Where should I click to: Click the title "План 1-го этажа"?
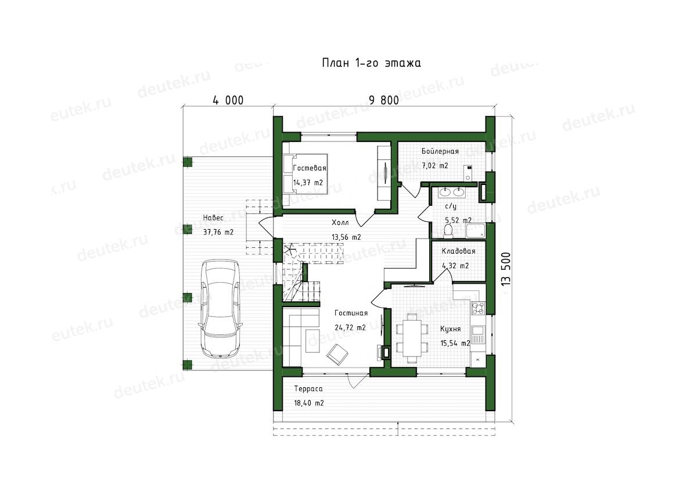(x=371, y=63)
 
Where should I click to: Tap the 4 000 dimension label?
(x=228, y=100)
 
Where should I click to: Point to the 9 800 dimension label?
(x=384, y=100)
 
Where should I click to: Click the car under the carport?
(x=220, y=309)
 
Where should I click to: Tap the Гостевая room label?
(x=310, y=168)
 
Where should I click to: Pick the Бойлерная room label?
(x=440, y=151)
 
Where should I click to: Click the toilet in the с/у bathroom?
(x=448, y=231)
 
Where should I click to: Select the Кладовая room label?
(x=458, y=251)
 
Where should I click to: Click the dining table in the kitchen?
(x=412, y=338)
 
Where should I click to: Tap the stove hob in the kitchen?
(x=478, y=308)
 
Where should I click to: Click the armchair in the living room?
(x=337, y=354)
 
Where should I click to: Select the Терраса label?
(x=308, y=389)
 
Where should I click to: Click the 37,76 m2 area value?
(x=218, y=232)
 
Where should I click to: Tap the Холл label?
(x=340, y=222)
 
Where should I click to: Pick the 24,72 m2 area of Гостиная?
(x=350, y=327)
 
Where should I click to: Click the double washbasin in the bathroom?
(x=452, y=191)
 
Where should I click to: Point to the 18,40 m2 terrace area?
(x=309, y=403)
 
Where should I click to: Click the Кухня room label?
(x=450, y=329)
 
